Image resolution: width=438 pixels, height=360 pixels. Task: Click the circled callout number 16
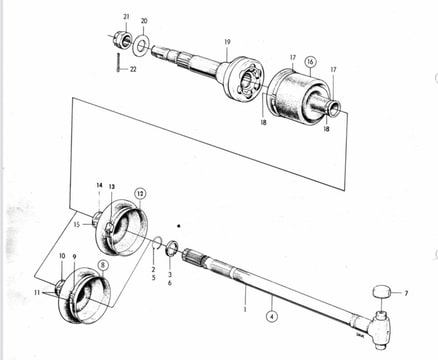click(x=310, y=62)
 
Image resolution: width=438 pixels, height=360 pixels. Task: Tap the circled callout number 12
click(x=141, y=193)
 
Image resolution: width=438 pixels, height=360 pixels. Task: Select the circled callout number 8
click(x=103, y=265)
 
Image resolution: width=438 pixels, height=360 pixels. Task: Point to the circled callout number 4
click(x=272, y=316)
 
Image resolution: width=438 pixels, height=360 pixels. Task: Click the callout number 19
click(x=227, y=42)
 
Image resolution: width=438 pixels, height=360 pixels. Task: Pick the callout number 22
click(x=133, y=70)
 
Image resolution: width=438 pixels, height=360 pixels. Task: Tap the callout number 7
click(x=406, y=294)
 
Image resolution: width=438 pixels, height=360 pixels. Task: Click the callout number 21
click(x=126, y=17)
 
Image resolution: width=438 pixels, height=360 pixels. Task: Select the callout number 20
click(x=144, y=21)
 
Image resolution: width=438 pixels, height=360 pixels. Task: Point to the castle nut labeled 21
click(x=122, y=39)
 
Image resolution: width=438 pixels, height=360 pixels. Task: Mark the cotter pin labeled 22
click(x=118, y=63)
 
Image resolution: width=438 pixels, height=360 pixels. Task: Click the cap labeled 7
click(x=381, y=292)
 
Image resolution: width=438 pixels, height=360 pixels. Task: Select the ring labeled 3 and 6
click(x=171, y=249)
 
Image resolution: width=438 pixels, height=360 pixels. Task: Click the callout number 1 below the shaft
click(x=245, y=309)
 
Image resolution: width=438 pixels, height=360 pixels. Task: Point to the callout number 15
click(x=77, y=225)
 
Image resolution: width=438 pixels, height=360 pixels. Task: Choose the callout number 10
click(x=62, y=256)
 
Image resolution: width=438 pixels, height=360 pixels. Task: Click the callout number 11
click(x=37, y=293)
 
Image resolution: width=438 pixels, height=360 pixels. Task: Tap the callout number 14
click(x=99, y=185)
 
